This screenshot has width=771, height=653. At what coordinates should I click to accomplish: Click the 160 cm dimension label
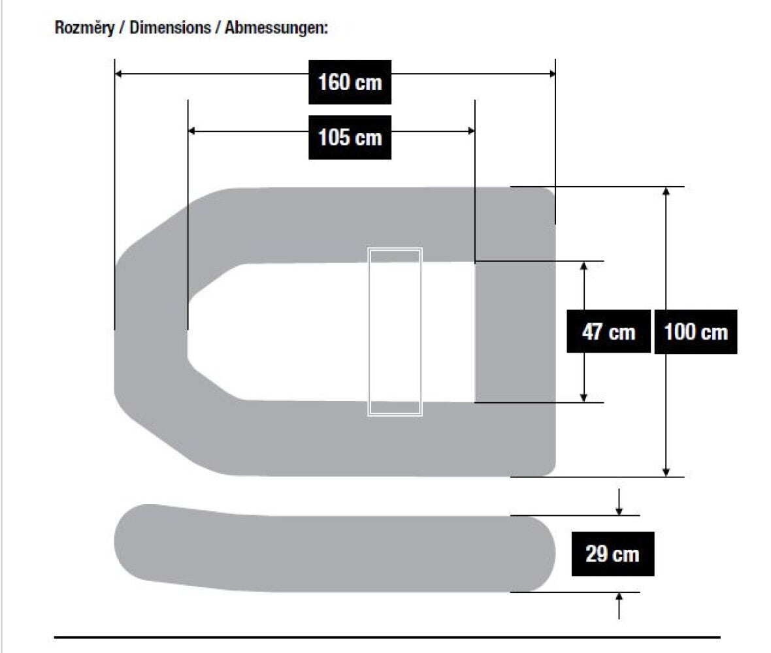click(x=350, y=82)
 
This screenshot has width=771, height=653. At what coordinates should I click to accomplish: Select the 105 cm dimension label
click(x=350, y=137)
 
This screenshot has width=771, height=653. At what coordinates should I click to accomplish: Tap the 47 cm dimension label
click(x=608, y=332)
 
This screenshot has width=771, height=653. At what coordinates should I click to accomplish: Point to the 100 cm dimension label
click(x=696, y=332)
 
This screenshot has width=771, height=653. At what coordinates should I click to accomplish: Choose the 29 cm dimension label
click(x=613, y=554)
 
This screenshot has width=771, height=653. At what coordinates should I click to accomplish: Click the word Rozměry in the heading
click(x=84, y=27)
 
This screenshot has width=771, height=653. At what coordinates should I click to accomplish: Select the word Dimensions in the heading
click(x=170, y=27)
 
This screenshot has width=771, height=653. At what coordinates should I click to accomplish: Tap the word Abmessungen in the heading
click(x=276, y=27)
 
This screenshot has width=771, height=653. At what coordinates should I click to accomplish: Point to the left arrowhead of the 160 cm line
click(x=118, y=74)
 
